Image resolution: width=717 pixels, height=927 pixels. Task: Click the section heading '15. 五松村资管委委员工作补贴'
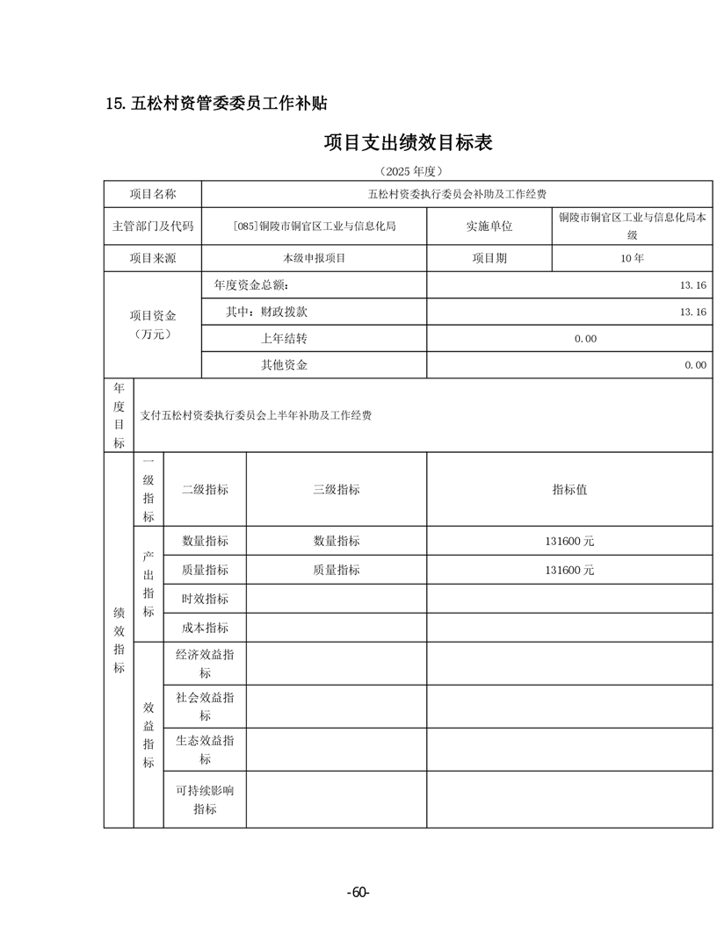[216, 103]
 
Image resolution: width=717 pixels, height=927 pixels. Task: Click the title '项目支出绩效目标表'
[409, 141]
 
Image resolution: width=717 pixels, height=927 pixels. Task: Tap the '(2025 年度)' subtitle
[409, 170]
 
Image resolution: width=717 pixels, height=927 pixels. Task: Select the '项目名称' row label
[153, 194]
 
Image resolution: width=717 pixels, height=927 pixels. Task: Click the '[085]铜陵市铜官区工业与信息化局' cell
[315, 226]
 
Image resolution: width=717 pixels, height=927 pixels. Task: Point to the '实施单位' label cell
[489, 226]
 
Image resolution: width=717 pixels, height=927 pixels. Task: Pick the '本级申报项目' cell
[315, 258]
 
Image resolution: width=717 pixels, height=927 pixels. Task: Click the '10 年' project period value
[632, 258]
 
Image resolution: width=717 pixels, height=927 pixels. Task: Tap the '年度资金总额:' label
[251, 285]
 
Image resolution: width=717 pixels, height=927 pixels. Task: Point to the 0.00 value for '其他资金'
[695, 364]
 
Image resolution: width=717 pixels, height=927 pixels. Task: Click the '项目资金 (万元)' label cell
[153, 325]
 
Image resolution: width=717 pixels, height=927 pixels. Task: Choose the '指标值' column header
[569, 489]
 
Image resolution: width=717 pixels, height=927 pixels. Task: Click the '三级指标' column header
[337, 489]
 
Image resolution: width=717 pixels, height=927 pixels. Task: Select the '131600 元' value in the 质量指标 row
[569, 570]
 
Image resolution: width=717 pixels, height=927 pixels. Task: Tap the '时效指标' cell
[205, 599]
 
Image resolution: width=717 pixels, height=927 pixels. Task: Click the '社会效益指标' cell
[205, 707]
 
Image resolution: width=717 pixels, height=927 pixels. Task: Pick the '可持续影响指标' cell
[205, 800]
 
